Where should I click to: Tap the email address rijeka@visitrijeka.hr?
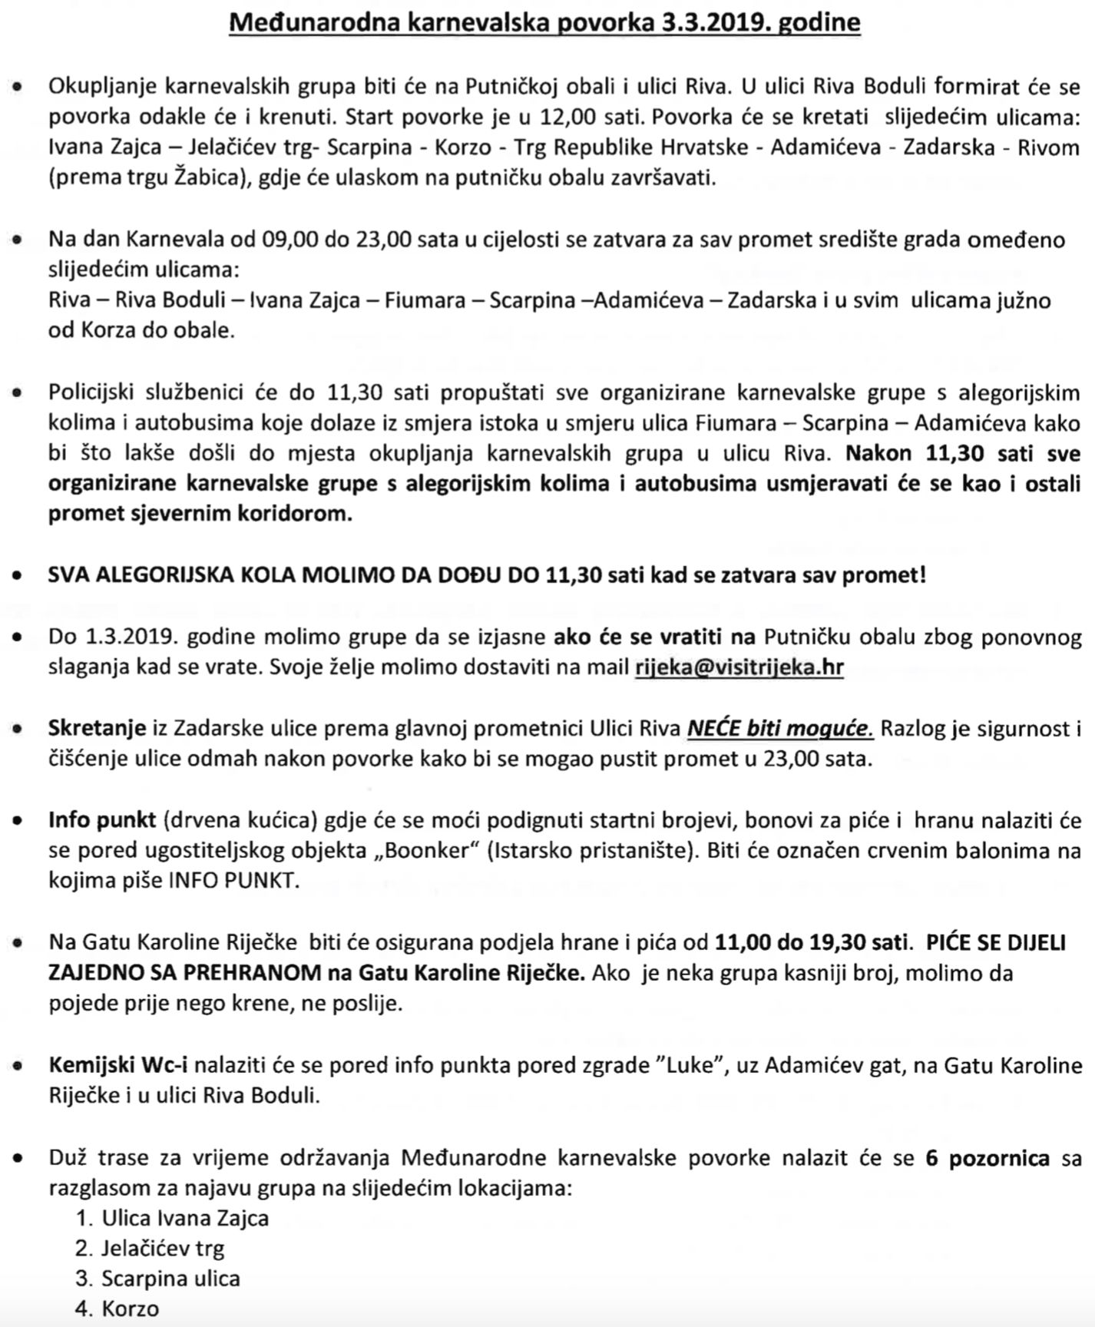click(x=739, y=667)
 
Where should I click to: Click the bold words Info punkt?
click(x=102, y=820)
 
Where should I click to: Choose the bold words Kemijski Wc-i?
click(x=118, y=1065)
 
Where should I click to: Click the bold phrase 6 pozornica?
click(x=987, y=1157)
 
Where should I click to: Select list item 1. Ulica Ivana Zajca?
click(x=172, y=1218)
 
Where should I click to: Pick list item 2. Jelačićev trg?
click(x=150, y=1249)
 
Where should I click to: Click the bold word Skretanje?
click(x=97, y=727)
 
